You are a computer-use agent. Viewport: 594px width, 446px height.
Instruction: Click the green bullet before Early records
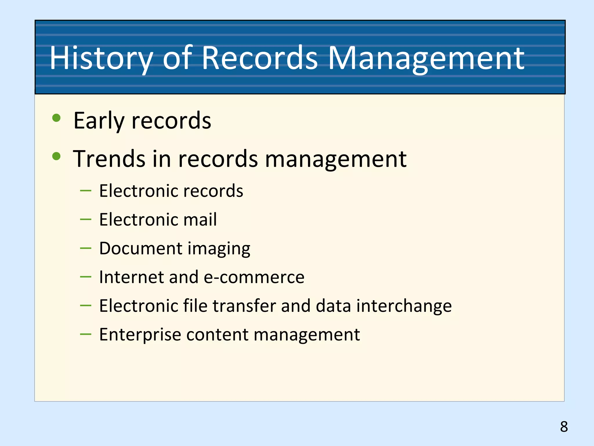point(56,118)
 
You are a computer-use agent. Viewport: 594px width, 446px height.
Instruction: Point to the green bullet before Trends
point(56,156)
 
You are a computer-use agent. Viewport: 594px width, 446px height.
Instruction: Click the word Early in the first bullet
point(99,121)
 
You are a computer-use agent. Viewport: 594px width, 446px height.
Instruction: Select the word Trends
point(109,159)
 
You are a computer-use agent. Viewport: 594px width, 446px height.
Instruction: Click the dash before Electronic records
point(86,191)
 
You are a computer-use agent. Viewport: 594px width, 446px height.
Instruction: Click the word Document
point(141,248)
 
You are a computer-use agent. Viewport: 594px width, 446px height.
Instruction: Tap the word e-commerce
point(254,277)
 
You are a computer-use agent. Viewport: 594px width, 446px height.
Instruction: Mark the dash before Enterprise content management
point(86,334)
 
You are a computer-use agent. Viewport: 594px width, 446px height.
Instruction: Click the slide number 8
point(564,427)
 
